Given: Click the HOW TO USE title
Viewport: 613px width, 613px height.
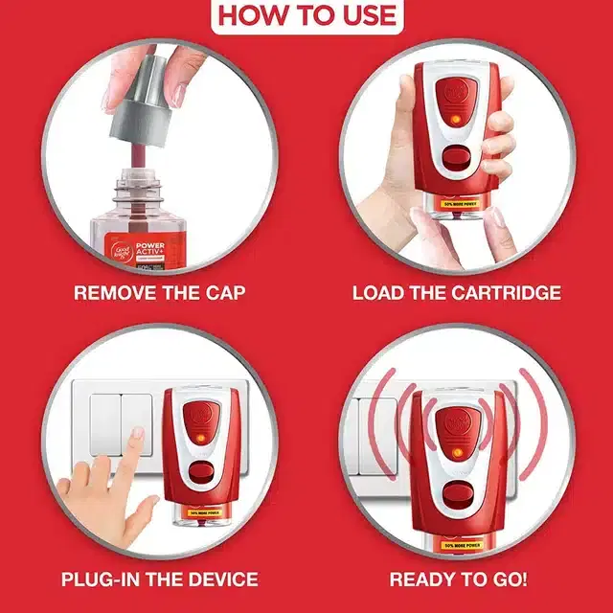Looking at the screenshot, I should (x=306, y=15).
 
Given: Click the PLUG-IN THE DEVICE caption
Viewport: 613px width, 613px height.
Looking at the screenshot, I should (x=159, y=579).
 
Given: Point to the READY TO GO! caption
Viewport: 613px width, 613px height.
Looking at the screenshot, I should (x=457, y=579).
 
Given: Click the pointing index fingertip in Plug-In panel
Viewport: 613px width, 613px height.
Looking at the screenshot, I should (x=138, y=435).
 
